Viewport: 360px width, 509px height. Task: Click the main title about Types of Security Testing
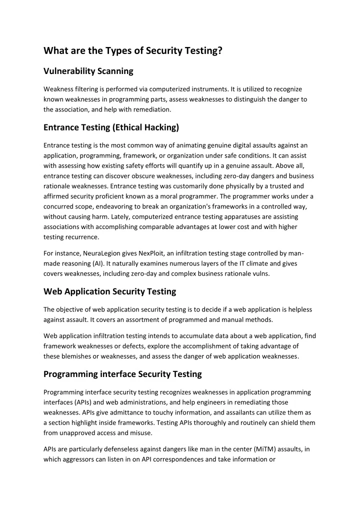(x=133, y=50)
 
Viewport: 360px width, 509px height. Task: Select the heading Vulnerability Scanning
(x=88, y=71)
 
